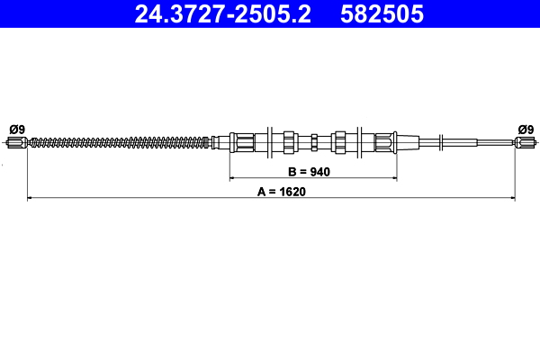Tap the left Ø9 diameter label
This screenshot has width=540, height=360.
tap(16, 129)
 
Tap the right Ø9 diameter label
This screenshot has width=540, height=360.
tap(525, 129)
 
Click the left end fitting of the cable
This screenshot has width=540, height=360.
tap(18, 141)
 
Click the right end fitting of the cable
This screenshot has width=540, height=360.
tap(525, 141)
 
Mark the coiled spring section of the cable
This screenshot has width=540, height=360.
tap(117, 141)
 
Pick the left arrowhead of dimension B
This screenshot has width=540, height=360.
tap(232, 177)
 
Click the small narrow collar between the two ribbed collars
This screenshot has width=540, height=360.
tap(313, 141)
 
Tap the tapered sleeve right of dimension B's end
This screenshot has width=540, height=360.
tap(407, 141)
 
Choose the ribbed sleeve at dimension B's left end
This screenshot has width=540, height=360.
tap(242, 141)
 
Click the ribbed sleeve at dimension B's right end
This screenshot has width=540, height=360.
tap(384, 141)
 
